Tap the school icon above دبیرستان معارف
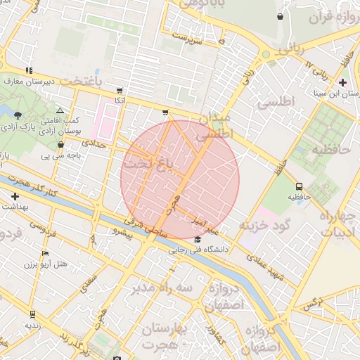point(28,70)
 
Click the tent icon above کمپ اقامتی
point(60,111)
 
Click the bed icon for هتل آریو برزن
point(46,254)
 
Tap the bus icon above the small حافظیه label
point(300,187)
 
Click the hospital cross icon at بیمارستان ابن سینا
point(342,82)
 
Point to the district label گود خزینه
point(264,226)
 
